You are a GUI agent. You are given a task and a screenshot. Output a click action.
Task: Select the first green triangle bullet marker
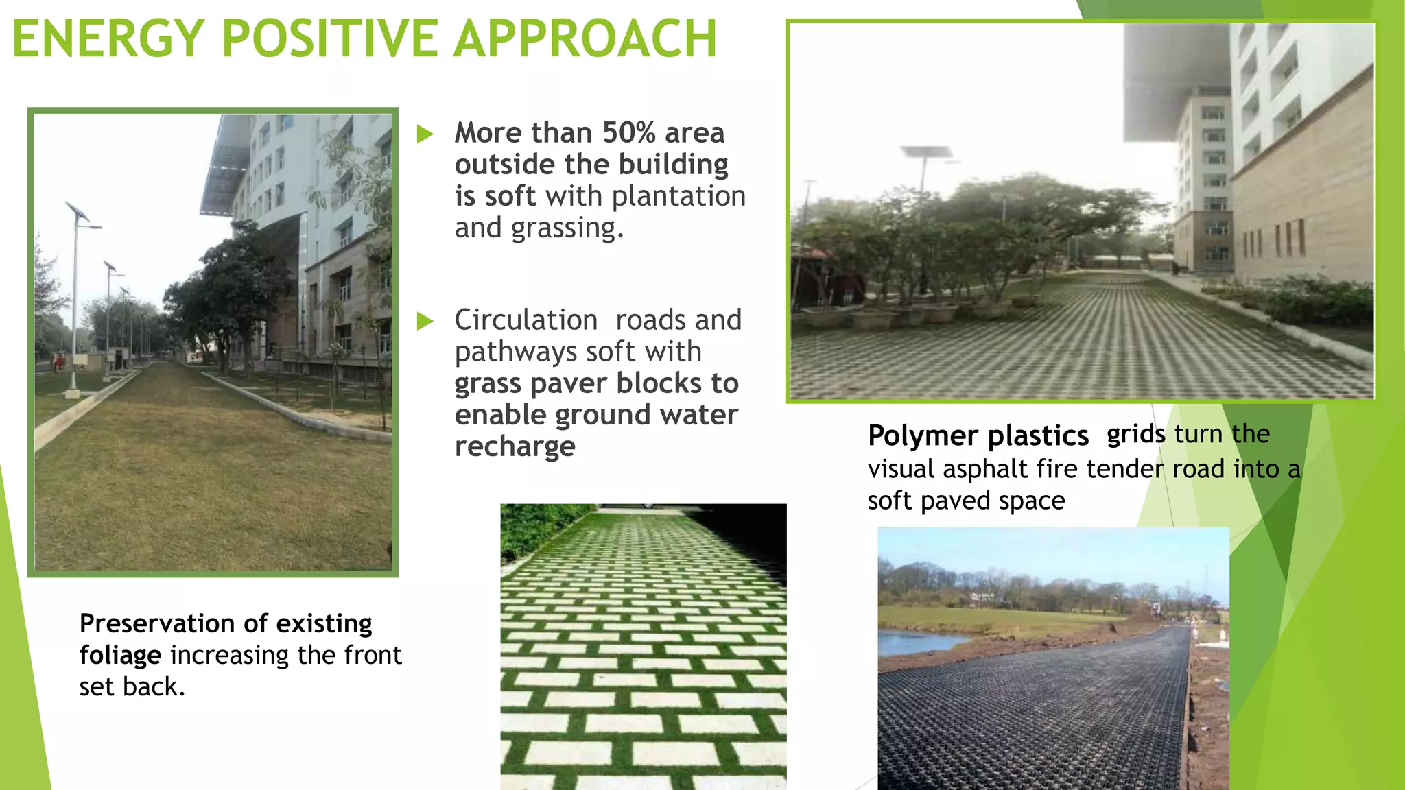pyautogui.click(x=425, y=134)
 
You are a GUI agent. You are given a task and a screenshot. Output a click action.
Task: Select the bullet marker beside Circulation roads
pyautogui.click(x=425, y=320)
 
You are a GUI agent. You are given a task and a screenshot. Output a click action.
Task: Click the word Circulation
pyautogui.click(x=526, y=320)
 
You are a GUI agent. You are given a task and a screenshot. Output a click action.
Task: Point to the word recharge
pyautogui.click(x=515, y=446)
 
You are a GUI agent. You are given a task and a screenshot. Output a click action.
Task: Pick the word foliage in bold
pyautogui.click(x=120, y=655)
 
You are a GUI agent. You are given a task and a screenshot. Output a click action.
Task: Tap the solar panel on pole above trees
pyautogui.click(x=925, y=152)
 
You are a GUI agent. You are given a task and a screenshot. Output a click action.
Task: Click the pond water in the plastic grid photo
pyautogui.click(x=912, y=643)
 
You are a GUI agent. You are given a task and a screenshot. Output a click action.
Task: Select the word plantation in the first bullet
pyautogui.click(x=678, y=197)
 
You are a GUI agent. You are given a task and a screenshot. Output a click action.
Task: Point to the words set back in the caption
pyautogui.click(x=131, y=686)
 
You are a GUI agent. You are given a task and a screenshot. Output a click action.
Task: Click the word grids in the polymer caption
pyautogui.click(x=1135, y=434)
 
